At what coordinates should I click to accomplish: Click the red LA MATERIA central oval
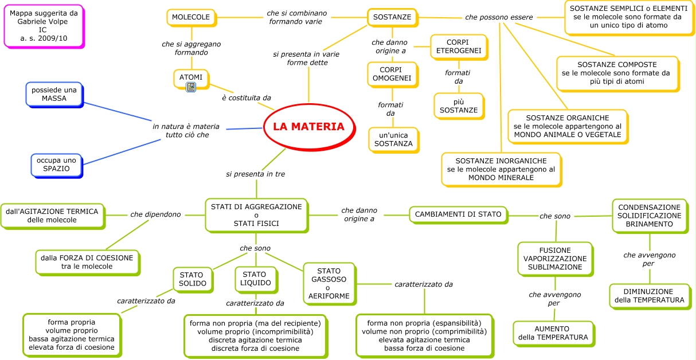pyautogui.click(x=308, y=127)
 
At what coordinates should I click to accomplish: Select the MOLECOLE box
pyautogui.click(x=191, y=17)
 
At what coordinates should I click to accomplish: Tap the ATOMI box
pyautogui.click(x=191, y=77)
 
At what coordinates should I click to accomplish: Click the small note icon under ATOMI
pyautogui.click(x=191, y=87)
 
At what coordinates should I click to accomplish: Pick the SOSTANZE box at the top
pyautogui.click(x=392, y=17)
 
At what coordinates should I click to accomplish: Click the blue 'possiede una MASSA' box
pyautogui.click(x=54, y=94)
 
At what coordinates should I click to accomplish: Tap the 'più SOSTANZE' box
pyautogui.click(x=458, y=105)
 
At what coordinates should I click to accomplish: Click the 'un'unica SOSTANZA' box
pyautogui.click(x=393, y=139)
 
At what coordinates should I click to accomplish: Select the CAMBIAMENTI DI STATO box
pyautogui.click(x=458, y=214)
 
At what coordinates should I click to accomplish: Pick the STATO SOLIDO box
pyautogui.click(x=192, y=279)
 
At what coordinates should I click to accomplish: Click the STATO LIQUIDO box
pyautogui.click(x=256, y=279)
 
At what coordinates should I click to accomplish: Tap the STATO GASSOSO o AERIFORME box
pyautogui.click(x=329, y=283)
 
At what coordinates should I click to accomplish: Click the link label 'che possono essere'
pyautogui.click(x=499, y=17)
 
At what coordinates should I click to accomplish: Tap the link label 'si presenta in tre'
pyautogui.click(x=256, y=174)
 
